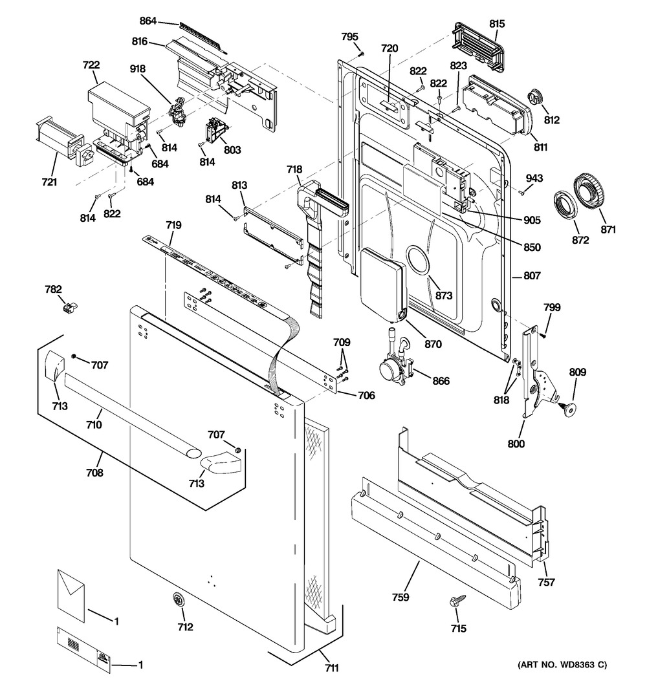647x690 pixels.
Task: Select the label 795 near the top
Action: pos(350,37)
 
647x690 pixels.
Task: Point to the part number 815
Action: pos(497,24)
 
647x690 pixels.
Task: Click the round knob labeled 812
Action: pos(534,98)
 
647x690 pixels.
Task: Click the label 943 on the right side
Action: pos(534,178)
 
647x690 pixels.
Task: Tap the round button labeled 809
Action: pos(569,407)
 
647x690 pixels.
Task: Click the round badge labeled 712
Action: pos(179,600)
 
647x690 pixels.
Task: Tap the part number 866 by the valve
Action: pos(441,381)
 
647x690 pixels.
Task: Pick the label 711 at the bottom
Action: pos(331,668)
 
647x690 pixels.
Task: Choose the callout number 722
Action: pos(91,65)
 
